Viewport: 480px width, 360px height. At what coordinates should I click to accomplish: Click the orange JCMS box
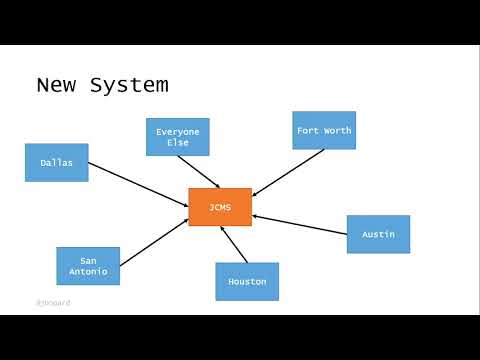(220, 207)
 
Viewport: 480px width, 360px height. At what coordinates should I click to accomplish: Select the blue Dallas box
(56, 162)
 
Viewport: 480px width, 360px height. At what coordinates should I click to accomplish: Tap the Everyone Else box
(177, 137)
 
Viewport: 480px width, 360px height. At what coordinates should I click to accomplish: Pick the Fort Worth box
(324, 130)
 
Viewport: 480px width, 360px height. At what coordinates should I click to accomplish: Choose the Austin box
(378, 234)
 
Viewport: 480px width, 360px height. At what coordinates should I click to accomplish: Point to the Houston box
(247, 281)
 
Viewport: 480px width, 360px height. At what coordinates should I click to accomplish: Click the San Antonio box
(88, 266)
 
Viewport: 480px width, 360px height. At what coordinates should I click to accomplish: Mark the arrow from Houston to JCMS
(232, 245)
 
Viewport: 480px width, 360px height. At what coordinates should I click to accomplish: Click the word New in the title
(57, 85)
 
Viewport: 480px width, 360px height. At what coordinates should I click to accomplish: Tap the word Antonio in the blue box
(88, 272)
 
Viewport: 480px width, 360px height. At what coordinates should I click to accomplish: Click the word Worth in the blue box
(337, 130)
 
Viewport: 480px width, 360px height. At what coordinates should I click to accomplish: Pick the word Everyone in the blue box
(177, 131)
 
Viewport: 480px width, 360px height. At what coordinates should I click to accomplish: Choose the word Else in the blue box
(177, 143)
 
